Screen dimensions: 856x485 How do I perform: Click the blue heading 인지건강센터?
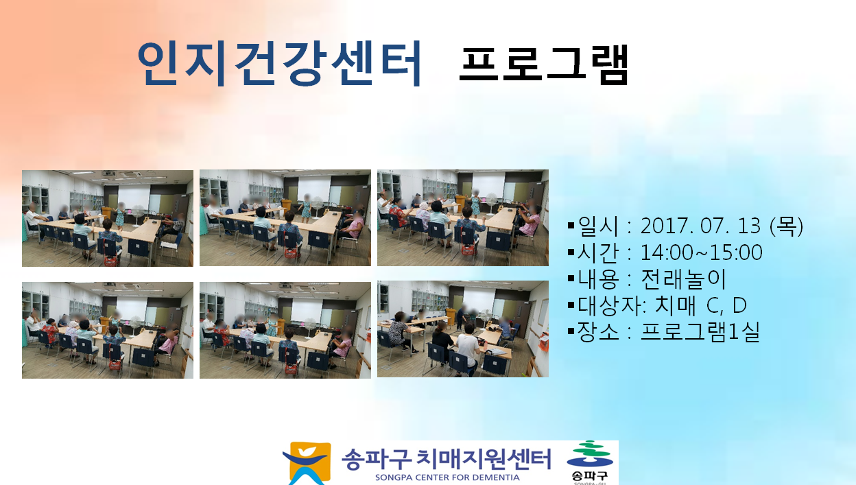tap(279, 63)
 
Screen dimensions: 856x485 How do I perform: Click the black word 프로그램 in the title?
tap(544, 64)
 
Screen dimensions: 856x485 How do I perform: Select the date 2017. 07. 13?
tap(700, 226)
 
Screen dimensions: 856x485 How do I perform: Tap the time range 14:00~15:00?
tap(701, 252)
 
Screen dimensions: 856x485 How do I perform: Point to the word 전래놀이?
tap(683, 279)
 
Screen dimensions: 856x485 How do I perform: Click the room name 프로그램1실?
tap(700, 331)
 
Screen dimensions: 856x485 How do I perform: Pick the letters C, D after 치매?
tap(726, 305)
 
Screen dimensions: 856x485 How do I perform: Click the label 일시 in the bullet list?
tap(597, 226)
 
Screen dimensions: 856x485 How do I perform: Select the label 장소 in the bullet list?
tap(597, 331)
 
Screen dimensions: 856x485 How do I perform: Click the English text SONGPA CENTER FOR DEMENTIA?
tap(447, 477)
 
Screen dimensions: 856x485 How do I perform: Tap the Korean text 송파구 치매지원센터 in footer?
tap(446, 459)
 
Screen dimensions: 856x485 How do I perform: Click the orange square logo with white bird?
tap(307, 463)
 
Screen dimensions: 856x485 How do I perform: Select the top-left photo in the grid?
tap(108, 218)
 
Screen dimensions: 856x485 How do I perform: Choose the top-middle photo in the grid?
tap(285, 218)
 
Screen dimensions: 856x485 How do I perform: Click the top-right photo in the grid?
tap(463, 218)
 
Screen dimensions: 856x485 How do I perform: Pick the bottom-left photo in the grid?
tap(108, 330)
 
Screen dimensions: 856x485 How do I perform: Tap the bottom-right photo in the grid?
tap(463, 329)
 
